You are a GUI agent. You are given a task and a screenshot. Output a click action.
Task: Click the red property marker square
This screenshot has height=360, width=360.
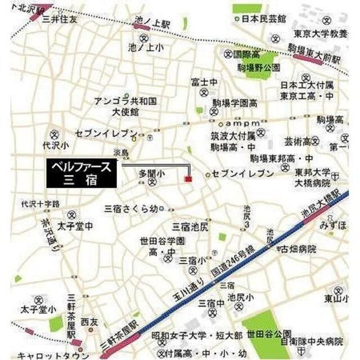(x=188, y=178)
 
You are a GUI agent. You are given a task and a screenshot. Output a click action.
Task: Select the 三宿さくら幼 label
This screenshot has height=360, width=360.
(x=131, y=208)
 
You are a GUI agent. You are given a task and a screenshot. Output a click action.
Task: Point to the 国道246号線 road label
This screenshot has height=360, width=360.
(x=235, y=259)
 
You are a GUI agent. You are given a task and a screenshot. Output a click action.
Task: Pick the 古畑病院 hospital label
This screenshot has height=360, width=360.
(x=299, y=248)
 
